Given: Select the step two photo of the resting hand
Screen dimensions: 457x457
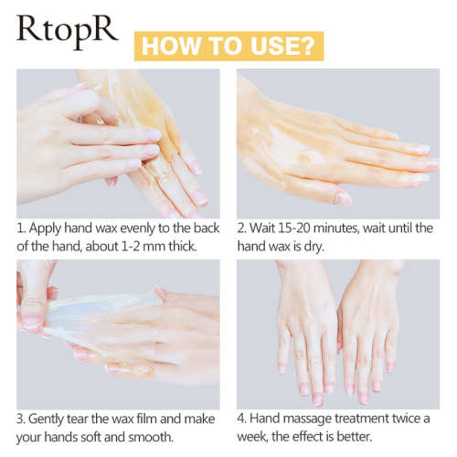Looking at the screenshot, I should pyautogui.click(x=337, y=142).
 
